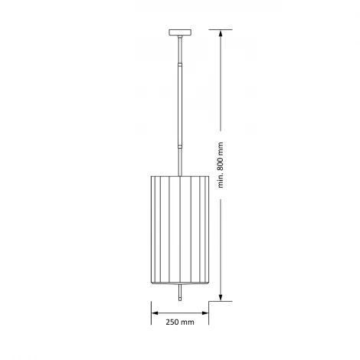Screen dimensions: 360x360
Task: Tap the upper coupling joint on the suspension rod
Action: pyautogui.click(x=181, y=65)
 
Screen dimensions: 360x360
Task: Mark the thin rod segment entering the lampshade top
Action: pyautogui.click(x=181, y=161)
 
